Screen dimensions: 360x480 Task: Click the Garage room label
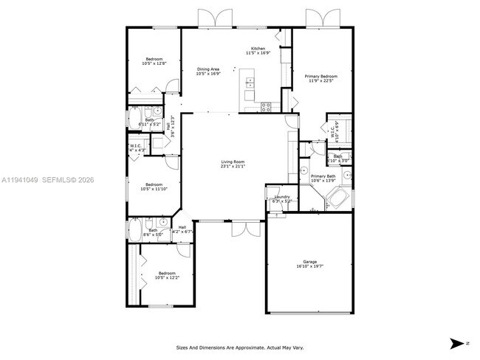pos(309,264)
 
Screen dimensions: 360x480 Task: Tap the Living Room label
pos(233,164)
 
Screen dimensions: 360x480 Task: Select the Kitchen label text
pos(258,51)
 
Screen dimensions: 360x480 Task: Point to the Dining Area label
pos(208,71)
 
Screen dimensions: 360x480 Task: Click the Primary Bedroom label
pos(322,78)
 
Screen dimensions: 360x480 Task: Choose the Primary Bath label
pos(323,179)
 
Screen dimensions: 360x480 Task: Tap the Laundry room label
pos(282,198)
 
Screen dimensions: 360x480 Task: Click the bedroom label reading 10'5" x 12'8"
pos(154,60)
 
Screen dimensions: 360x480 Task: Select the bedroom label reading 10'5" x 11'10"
pos(154,187)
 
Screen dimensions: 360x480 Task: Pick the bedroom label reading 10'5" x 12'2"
pos(166,276)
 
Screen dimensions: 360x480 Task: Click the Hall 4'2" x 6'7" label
pos(182,229)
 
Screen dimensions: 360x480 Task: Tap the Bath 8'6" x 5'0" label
pos(153,232)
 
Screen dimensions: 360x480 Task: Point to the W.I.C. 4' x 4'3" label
pos(136,148)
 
